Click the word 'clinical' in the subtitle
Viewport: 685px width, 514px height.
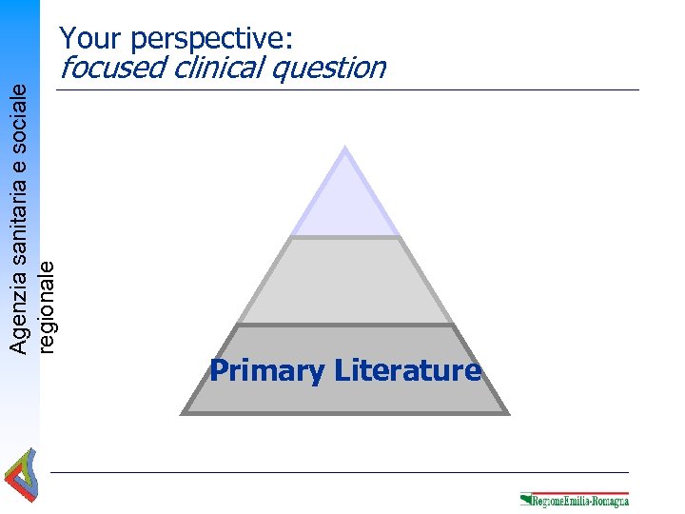point(227,69)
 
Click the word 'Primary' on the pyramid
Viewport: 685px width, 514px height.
point(267,370)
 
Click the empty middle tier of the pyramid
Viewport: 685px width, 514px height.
point(344,281)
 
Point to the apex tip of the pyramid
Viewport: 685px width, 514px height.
point(344,148)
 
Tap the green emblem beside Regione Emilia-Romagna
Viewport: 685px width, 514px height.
point(526,499)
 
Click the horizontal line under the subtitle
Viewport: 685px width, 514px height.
point(347,90)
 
